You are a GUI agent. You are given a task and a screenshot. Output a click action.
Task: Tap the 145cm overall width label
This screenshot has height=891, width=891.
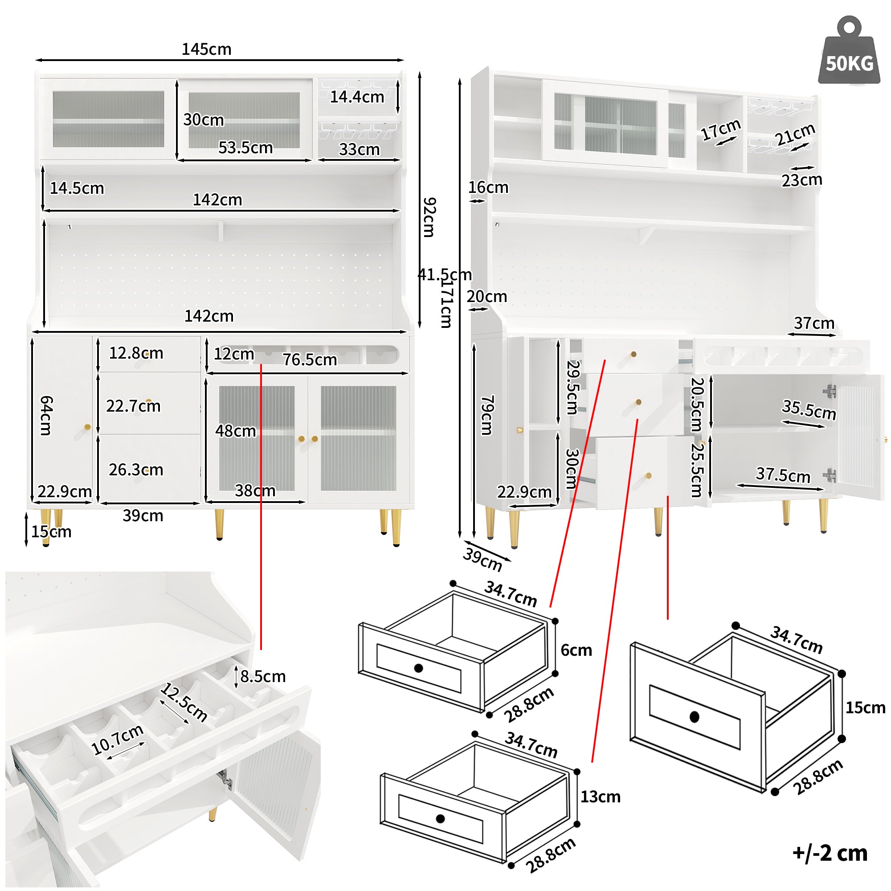coord(206,49)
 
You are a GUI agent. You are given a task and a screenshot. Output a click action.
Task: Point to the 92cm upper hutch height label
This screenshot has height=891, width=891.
coord(429,217)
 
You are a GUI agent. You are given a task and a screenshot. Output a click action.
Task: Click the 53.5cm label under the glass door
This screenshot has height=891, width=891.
coord(245,147)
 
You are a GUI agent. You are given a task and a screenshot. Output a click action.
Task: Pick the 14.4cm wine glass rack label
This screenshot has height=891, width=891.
coord(357,97)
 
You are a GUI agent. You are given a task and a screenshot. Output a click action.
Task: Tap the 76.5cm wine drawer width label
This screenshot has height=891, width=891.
coord(310,359)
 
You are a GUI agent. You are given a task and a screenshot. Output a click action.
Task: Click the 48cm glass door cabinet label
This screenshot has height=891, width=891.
coord(235,431)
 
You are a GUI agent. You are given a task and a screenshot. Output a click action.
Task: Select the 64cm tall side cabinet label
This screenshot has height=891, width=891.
coord(46,415)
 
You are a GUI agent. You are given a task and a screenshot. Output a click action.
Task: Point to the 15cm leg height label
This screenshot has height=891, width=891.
coord(51,532)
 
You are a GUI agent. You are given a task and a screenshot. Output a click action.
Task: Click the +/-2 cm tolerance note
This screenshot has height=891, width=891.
coord(830,853)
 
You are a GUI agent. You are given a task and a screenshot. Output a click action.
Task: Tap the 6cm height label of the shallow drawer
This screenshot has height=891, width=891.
coord(576,650)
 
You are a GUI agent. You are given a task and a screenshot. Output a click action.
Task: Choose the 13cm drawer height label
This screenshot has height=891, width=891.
coord(600,797)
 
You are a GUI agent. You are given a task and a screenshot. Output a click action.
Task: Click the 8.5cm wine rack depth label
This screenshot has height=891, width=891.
coord(263,677)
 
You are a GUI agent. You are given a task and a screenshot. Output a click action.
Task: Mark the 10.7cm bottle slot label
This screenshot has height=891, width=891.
coord(117,739)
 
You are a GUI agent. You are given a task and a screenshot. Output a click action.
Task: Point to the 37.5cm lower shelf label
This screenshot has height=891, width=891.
coord(783,474)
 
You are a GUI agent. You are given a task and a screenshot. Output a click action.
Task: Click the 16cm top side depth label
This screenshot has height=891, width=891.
coord(488,188)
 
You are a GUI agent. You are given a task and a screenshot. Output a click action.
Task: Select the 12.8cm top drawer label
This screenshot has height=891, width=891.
coord(136,353)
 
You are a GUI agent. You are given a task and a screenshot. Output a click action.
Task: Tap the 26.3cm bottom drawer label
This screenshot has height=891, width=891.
coord(136,470)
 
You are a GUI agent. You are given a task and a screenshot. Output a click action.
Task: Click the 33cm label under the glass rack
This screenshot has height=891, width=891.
coord(359,149)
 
